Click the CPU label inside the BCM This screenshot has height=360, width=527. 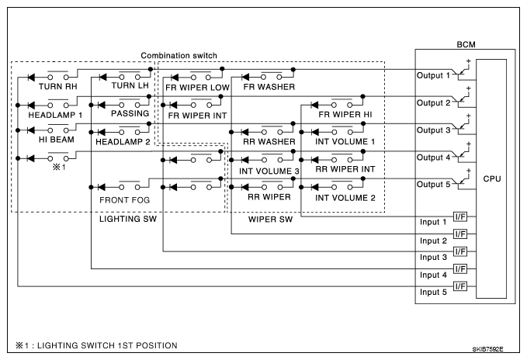(492, 178)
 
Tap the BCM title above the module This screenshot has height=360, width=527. (466, 44)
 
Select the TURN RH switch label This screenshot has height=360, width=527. (57, 87)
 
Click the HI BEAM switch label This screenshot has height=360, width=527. (57, 140)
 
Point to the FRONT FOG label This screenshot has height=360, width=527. (124, 200)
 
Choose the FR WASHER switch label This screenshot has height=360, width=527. (269, 87)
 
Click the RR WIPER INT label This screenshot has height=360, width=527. (345, 169)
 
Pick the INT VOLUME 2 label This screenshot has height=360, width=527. (345, 198)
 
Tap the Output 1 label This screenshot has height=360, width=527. (433, 75)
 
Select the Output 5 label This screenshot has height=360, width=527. (433, 185)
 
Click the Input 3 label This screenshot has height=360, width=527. (433, 258)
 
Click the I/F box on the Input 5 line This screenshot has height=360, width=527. (460, 286)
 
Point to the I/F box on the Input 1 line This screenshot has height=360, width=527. (460, 216)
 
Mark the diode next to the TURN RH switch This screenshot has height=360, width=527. (31, 78)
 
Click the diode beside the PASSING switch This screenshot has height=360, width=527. (101, 105)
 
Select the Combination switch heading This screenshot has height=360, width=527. (179, 55)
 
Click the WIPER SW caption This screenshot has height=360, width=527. (270, 220)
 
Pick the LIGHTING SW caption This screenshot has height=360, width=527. (128, 219)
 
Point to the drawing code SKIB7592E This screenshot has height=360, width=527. (487, 349)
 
